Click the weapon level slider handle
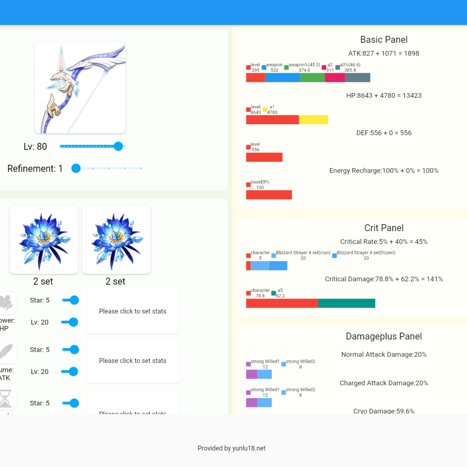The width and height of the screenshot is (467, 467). (118, 146)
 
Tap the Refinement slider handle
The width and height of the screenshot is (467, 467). (76, 168)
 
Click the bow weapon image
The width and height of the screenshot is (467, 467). (80, 88)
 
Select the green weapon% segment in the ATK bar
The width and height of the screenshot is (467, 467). (312, 77)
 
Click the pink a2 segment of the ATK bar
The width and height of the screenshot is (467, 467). (335, 77)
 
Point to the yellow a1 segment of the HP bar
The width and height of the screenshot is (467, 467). (313, 119)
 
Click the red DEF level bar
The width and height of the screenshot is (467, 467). (264, 157)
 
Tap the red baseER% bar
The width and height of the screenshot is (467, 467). (269, 195)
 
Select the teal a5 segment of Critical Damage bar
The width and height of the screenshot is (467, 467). (346, 303)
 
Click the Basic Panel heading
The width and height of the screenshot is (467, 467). (384, 40)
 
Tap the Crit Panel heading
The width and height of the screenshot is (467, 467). (384, 228)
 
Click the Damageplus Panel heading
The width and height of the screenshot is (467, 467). (384, 336)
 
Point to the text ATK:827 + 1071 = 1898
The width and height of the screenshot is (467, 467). (384, 53)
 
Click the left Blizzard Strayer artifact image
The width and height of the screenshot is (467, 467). (44, 240)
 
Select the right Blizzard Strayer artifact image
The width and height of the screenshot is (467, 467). (116, 240)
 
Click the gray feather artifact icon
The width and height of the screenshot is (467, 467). (7, 352)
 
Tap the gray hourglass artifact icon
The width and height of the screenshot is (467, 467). (6, 399)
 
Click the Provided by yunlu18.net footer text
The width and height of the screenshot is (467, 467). (232, 448)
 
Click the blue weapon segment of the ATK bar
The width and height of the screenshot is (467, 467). (283, 77)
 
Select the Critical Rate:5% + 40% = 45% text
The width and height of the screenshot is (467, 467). (384, 242)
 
